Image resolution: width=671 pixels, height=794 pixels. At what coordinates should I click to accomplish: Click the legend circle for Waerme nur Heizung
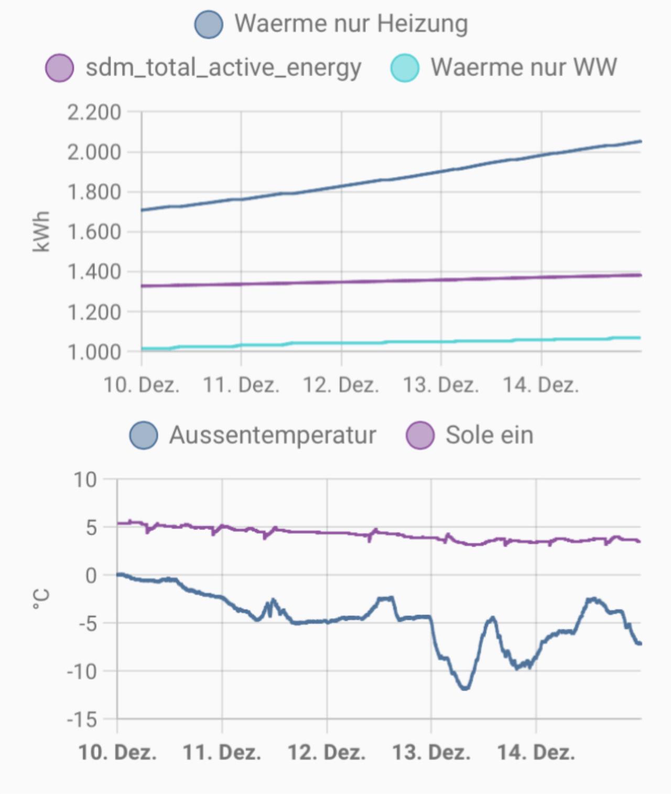click(x=209, y=24)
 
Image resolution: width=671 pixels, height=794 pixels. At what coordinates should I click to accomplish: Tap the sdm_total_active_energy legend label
click(x=223, y=68)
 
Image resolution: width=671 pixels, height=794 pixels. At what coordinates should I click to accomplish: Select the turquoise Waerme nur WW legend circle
click(x=405, y=68)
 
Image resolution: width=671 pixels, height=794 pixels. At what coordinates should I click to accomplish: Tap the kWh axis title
click(x=41, y=231)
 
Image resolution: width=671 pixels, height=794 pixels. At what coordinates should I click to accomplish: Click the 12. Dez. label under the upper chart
click(x=341, y=385)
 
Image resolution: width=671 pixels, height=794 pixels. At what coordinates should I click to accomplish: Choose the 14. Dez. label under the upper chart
click(x=541, y=385)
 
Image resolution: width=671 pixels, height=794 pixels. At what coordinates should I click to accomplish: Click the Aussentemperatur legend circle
click(x=144, y=436)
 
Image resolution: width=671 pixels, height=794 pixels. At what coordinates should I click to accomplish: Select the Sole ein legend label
click(x=489, y=435)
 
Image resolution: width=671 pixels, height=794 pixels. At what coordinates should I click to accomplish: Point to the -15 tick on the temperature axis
click(x=82, y=719)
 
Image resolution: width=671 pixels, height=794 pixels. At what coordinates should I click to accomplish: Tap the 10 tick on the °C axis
click(x=85, y=480)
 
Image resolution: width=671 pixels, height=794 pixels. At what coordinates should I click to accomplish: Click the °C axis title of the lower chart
click(x=41, y=599)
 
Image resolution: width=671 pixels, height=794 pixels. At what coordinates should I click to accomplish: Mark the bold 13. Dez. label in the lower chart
click(x=431, y=753)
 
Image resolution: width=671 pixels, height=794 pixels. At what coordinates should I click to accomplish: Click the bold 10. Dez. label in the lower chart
click(x=117, y=753)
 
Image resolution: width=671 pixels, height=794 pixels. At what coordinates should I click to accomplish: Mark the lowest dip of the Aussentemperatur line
click(x=465, y=688)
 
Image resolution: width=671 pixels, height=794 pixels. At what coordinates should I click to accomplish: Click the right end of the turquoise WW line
click(x=640, y=337)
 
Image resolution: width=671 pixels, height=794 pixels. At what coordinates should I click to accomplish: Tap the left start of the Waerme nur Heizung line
click(x=143, y=210)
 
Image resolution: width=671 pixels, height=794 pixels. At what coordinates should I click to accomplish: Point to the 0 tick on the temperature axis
click(x=91, y=575)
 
